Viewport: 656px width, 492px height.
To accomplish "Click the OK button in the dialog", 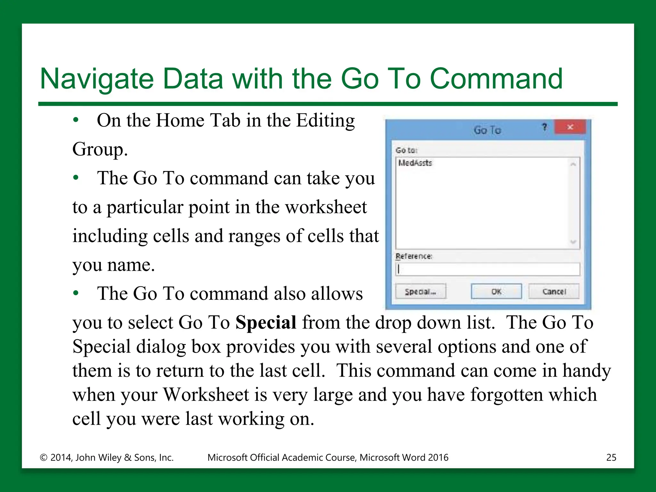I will coord(496,291).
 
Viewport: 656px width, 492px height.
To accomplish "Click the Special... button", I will coord(420,291).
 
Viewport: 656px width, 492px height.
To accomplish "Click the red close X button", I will coord(570,127).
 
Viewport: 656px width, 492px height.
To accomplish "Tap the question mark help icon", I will coord(544,127).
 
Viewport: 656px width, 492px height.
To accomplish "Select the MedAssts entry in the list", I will coord(415,163).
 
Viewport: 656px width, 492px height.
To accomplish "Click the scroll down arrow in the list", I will coord(573,242).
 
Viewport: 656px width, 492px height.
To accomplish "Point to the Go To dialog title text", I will coord(487,130).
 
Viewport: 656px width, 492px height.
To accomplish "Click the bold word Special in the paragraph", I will coord(266,322).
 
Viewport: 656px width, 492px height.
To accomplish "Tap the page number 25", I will coord(611,457).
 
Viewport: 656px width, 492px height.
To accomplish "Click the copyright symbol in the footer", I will coord(44,457).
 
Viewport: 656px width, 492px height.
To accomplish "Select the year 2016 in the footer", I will coord(438,457).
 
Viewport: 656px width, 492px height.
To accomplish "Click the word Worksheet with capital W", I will coord(206,394).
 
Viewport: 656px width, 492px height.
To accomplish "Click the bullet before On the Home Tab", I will coord(76,120).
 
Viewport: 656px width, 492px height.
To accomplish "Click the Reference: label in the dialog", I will coord(414,256).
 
